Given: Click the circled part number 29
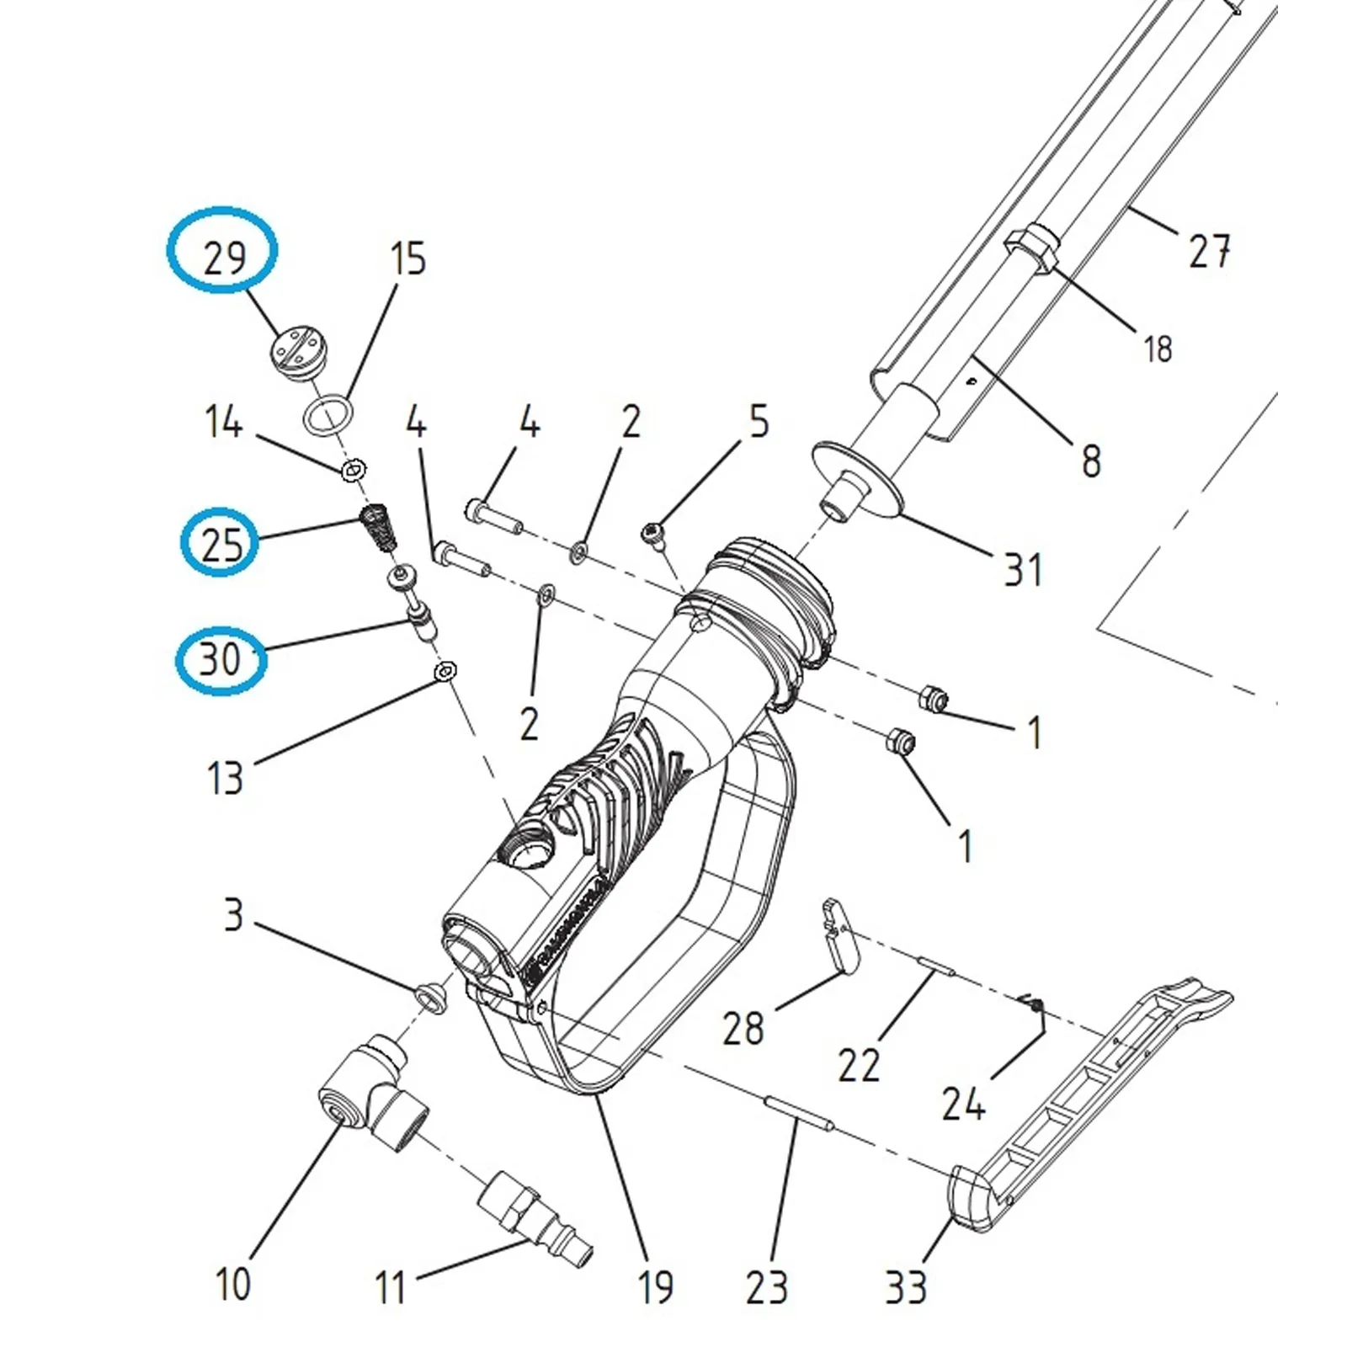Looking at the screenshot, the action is point(224,257).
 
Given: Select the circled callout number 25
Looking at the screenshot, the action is point(221,544).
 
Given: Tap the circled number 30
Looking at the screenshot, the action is point(220,658).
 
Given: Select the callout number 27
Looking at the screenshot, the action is point(1210,250).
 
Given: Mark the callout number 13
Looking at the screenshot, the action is point(225,778).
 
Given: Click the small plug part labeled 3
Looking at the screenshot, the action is point(431,995).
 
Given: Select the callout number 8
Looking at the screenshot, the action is point(1091,461).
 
